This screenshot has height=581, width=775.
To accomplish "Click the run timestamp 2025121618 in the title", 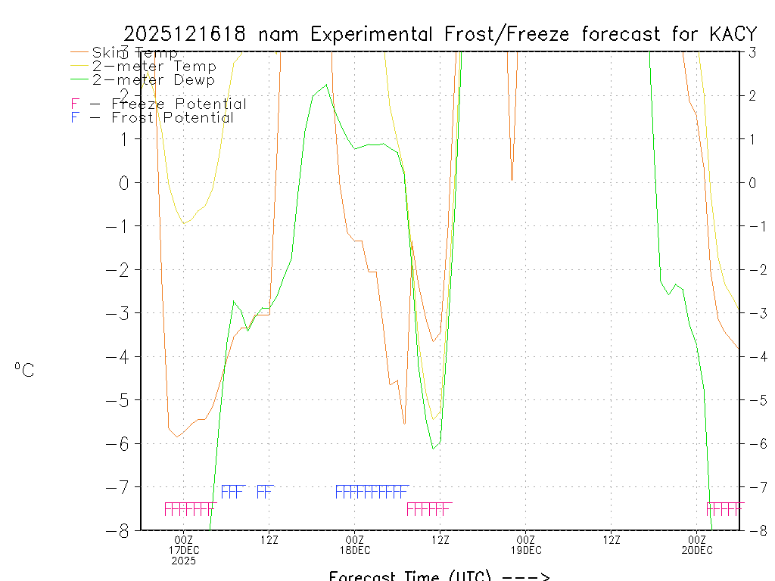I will pos(184,34).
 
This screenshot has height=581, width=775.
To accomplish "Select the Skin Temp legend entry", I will pos(135,53).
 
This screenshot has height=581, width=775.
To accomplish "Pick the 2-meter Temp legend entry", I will pos(154,67).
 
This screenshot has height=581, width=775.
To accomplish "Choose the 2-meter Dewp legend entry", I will pos(153,80).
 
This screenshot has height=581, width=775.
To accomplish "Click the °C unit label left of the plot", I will pos(23,370).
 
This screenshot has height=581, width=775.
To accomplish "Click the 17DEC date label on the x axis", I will pos(184,550).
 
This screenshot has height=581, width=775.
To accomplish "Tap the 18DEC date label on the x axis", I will pos(355,550).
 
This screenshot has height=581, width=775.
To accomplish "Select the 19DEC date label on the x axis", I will pos(526,550).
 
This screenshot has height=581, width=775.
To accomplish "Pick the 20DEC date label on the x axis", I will pos(697,550).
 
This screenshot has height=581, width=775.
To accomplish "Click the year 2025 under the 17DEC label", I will pos(184,561).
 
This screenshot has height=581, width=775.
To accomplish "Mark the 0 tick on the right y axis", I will pos(753,182).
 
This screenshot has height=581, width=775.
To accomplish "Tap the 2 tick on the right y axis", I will pos(753,95).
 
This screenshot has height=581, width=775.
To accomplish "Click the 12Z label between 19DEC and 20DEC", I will pos(612,539).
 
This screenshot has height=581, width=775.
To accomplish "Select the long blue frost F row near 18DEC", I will pos(372,492).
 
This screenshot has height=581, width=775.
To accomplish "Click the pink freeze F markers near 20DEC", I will pos(724,509).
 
